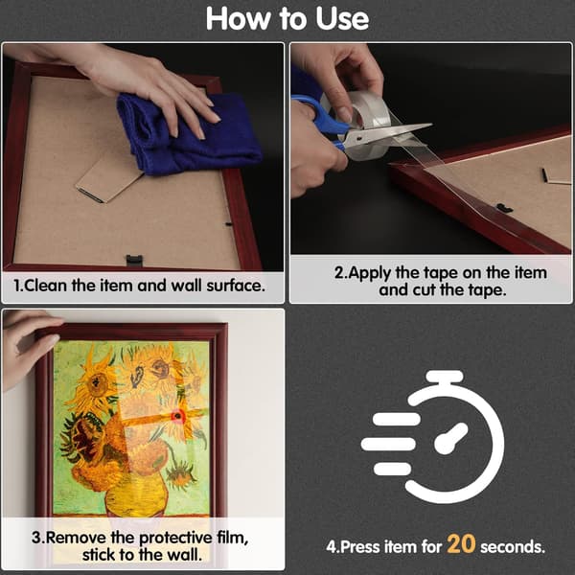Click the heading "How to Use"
point(287,18)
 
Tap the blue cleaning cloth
point(187,134)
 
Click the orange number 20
point(461,544)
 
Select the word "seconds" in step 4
point(513,547)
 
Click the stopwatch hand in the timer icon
point(450,439)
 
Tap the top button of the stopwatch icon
point(445,378)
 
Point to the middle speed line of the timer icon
point(388,444)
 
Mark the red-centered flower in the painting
point(178,416)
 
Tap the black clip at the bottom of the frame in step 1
point(134,261)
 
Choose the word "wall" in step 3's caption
point(184,555)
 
